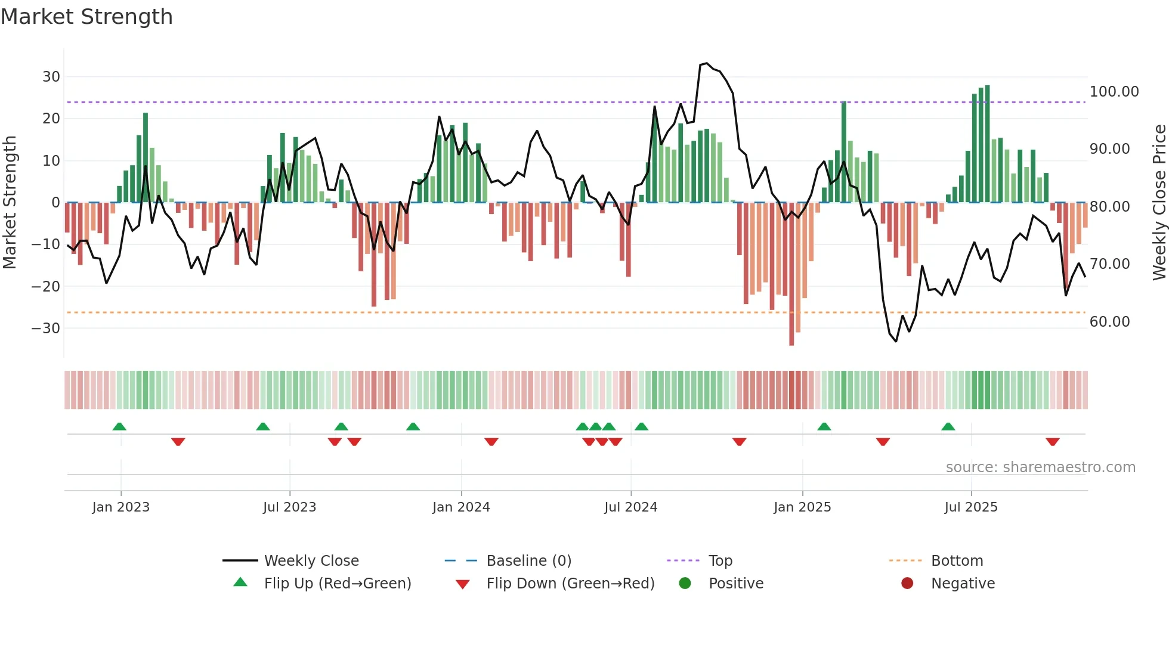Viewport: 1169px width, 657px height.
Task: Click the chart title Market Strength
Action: pyautogui.click(x=86, y=17)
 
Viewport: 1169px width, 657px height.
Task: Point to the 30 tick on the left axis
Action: pyautogui.click(x=51, y=77)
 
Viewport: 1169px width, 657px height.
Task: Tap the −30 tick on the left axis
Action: pyautogui.click(x=46, y=328)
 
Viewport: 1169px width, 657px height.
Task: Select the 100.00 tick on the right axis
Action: pyautogui.click(x=1114, y=92)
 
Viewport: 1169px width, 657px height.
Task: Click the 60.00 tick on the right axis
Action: pyautogui.click(x=1109, y=322)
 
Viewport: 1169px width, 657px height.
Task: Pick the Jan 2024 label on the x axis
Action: pyautogui.click(x=461, y=507)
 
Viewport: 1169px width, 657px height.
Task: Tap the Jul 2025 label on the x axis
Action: pyautogui.click(x=970, y=507)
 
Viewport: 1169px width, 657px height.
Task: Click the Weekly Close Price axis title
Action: pyautogui.click(x=1159, y=203)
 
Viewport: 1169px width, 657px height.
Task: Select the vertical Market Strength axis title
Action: pyautogui.click(x=10, y=203)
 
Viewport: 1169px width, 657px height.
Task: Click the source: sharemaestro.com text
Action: pyautogui.click(x=1040, y=467)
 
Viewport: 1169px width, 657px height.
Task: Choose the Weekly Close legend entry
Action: pyautogui.click(x=311, y=561)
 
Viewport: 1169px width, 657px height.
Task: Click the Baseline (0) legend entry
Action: pyautogui.click(x=528, y=561)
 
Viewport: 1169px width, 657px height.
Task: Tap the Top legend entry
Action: pyautogui.click(x=720, y=561)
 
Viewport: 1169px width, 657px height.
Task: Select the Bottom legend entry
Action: pyautogui.click(x=957, y=561)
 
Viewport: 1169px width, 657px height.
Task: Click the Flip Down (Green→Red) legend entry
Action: pyautogui.click(x=570, y=584)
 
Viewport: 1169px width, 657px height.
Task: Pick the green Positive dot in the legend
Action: pyautogui.click(x=685, y=584)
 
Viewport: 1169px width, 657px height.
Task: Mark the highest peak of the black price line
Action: pyautogui.click(x=706, y=63)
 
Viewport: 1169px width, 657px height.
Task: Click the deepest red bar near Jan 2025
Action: pyautogui.click(x=791, y=274)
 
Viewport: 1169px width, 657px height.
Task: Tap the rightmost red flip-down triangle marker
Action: pyautogui.click(x=1052, y=442)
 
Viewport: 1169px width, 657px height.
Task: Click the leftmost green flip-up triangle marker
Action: pyautogui.click(x=119, y=426)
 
